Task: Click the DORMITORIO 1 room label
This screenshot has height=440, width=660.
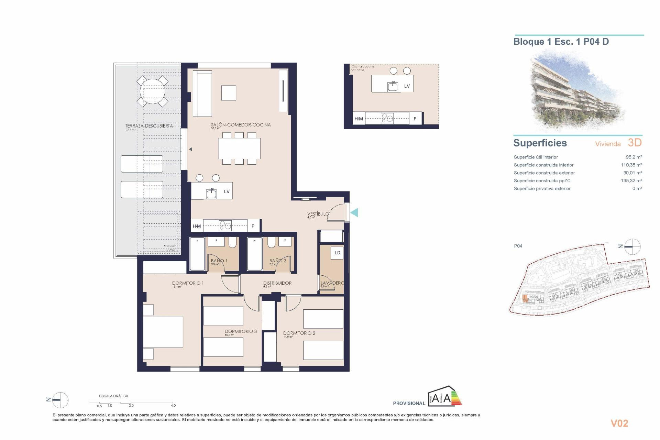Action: pos(188,283)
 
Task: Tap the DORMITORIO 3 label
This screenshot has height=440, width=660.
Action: pos(241,331)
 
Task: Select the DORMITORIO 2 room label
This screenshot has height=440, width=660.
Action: pos(299,333)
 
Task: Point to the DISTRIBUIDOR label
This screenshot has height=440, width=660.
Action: pos(277,283)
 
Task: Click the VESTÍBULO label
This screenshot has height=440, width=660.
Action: pos(318,214)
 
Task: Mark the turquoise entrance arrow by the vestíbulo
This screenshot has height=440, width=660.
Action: pos(354,213)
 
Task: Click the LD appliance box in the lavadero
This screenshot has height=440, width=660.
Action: pos(337,253)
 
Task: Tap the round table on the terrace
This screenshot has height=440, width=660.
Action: pos(153,91)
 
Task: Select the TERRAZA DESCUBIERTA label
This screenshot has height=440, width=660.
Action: pos(149,126)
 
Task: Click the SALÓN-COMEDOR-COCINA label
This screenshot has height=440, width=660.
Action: pos(241,125)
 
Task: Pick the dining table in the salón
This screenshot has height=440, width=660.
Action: pos(239,148)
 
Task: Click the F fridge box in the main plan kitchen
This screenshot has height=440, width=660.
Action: pos(253,226)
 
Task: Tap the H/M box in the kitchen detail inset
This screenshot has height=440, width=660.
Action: pos(359,119)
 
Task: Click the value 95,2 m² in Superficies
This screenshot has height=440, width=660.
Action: pos(634,157)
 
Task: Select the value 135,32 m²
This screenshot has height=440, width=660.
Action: pos(631,180)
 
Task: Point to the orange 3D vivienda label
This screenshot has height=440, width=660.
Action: pos(635,143)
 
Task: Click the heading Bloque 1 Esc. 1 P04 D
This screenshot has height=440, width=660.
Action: pos(561,42)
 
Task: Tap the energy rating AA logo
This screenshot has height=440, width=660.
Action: pos(444,397)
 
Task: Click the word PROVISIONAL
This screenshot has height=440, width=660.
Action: pos(409,403)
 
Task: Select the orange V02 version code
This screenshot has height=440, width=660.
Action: pos(619,423)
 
